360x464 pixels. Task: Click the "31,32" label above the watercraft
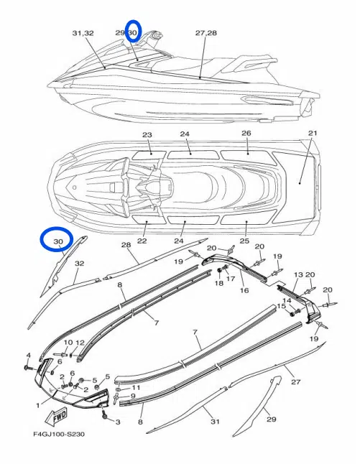(x=83, y=33)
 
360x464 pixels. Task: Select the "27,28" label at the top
(x=206, y=32)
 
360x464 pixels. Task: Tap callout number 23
(x=147, y=135)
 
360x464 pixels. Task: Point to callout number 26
(x=246, y=133)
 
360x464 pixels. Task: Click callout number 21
(x=313, y=133)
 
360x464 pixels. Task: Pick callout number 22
(x=142, y=241)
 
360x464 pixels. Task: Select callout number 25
(x=244, y=241)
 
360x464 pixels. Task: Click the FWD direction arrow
(x=56, y=417)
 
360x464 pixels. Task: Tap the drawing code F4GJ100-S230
(x=59, y=434)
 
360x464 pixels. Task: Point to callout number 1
(x=37, y=405)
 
